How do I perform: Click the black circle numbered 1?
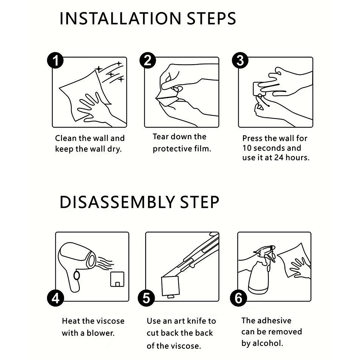55,60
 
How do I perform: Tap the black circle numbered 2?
148,60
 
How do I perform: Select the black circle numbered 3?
240,60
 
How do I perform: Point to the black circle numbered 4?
55,298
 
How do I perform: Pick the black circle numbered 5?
146,298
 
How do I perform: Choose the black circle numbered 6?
238,298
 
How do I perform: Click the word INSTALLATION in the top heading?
120,19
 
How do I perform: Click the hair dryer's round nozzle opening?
92,260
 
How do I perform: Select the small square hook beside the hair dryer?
117,279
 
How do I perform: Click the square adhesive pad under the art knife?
170,286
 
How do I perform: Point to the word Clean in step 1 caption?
66,138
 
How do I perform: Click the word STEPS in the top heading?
211,19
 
